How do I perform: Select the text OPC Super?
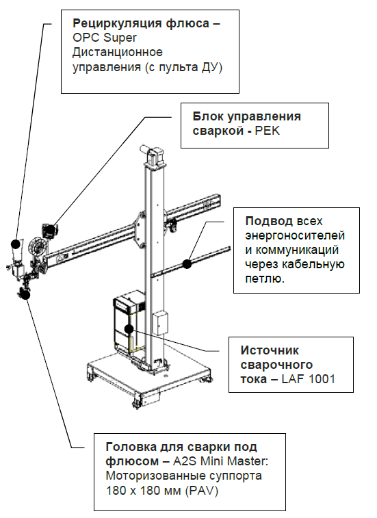coord(99,39)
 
